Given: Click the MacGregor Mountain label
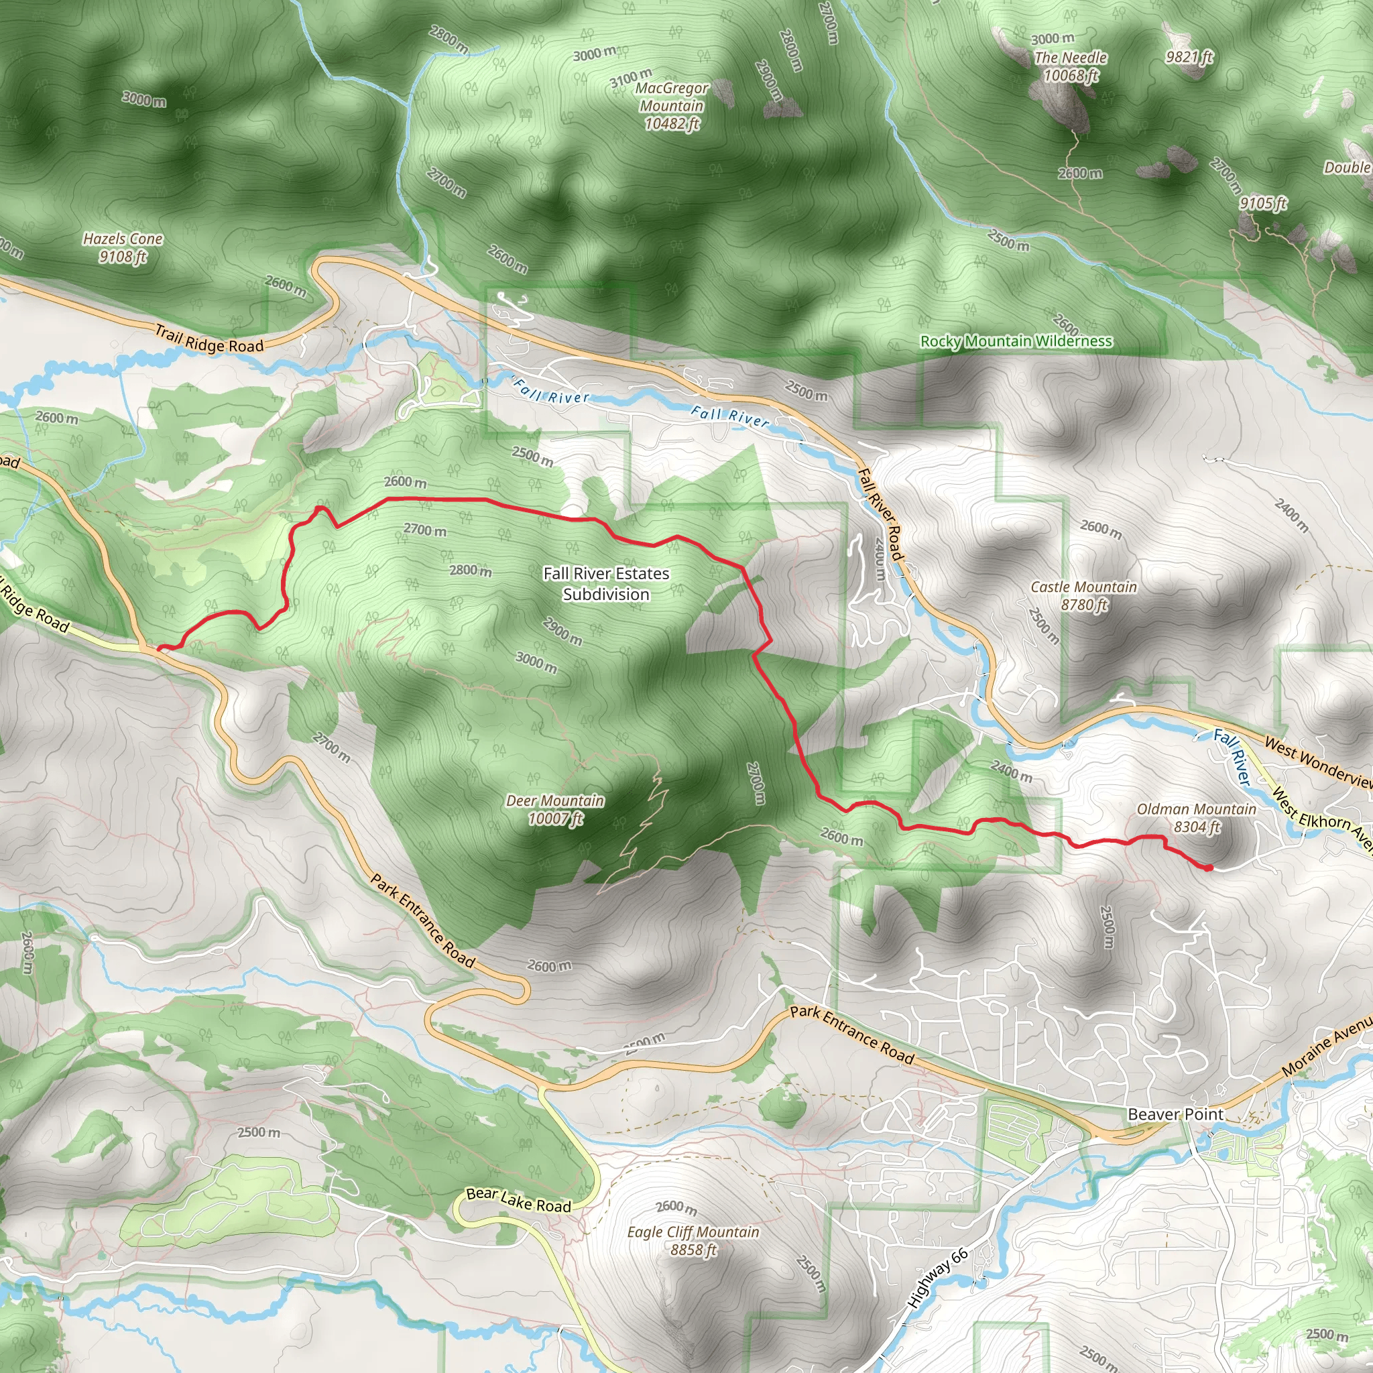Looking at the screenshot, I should point(672,106).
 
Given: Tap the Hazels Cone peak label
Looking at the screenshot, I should point(123,247).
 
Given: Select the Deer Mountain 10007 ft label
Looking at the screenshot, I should point(555,809).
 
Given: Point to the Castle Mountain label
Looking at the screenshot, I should point(1084,595).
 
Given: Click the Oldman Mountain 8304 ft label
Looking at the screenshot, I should point(1197,817).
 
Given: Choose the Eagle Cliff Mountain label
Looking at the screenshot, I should point(693,1240).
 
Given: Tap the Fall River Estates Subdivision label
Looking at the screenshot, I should point(606,583).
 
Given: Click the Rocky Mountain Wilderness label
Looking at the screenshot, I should point(1016,341).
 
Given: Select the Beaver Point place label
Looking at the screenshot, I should point(1176,1114).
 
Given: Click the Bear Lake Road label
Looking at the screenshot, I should point(519,1200).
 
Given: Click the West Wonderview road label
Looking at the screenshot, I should point(1318,762).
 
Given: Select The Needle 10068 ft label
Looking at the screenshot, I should point(1070,66).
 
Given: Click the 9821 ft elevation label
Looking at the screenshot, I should point(1189,56).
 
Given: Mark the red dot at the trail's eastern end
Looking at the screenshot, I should point(1209,867).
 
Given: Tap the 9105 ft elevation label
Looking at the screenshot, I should point(1264,203).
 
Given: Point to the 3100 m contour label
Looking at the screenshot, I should point(630,78).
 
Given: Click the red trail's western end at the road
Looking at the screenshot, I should point(159,648).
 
